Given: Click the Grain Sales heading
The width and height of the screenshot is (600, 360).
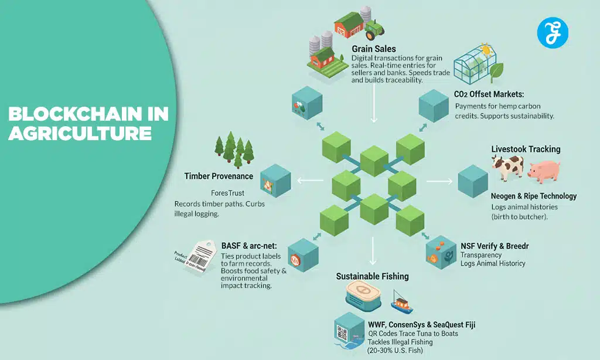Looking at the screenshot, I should coord(374,49).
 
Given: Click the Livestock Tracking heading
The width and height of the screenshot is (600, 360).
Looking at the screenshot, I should coord(526,150).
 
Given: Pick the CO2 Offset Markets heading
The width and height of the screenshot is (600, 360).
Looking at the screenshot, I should coord(489,94).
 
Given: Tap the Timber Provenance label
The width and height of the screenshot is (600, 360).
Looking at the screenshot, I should coord(219,176).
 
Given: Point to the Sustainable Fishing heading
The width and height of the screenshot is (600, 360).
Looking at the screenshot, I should coord(372,276).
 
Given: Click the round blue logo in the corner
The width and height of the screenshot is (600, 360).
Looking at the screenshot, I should coord(553,32).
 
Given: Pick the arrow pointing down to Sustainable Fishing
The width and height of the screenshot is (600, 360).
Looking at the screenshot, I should coord(373,252).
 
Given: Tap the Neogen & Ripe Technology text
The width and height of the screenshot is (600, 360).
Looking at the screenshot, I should coord(534,196).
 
